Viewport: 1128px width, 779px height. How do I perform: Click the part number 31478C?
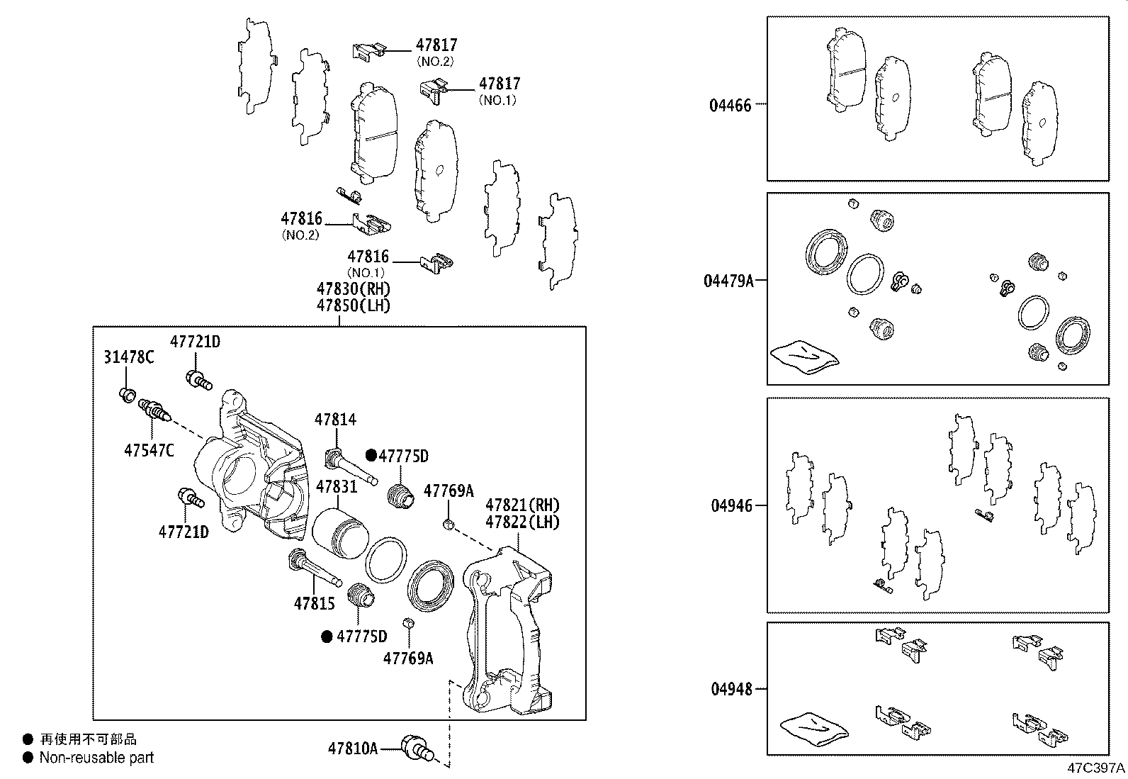(x=128, y=357)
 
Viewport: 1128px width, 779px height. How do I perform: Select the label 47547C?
(x=149, y=449)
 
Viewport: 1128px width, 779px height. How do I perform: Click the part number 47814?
(x=335, y=420)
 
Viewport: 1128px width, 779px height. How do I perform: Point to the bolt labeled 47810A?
(x=416, y=748)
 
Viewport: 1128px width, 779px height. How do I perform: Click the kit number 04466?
(x=730, y=106)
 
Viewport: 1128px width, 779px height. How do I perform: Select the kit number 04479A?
(x=728, y=281)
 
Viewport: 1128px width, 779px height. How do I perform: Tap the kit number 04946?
(x=730, y=506)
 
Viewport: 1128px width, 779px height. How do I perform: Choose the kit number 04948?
(x=730, y=689)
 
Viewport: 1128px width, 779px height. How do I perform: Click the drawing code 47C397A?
(x=1096, y=768)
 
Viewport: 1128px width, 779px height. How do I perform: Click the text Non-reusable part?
(x=96, y=758)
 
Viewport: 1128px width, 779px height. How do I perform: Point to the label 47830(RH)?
(x=353, y=289)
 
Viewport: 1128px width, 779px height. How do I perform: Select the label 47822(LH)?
(x=522, y=522)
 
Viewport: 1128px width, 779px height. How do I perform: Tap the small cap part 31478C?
(x=128, y=393)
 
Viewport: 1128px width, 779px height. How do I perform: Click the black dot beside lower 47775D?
(x=327, y=637)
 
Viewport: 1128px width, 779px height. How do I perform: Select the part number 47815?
(x=314, y=604)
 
